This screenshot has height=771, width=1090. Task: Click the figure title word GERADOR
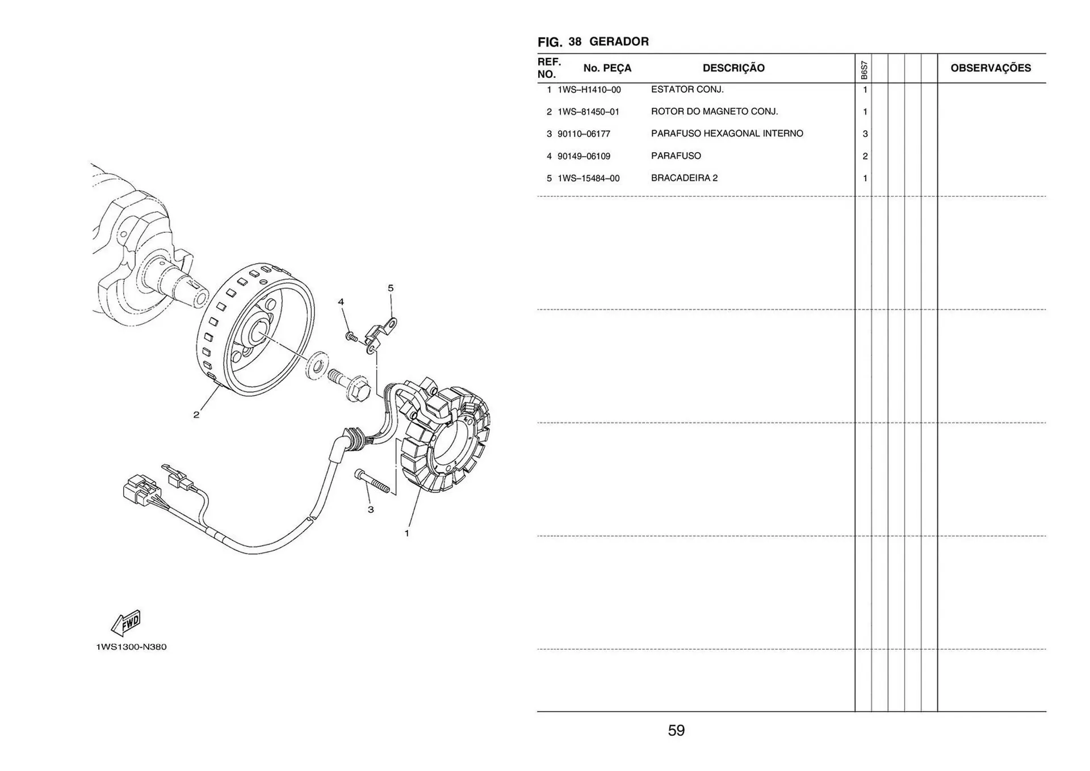tap(619, 41)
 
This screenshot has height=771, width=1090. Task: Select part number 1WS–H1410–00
tap(589, 90)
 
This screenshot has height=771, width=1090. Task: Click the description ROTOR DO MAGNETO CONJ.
tap(714, 111)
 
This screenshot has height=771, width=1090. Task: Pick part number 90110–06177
tap(584, 134)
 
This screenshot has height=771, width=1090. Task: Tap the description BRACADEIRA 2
tap(684, 178)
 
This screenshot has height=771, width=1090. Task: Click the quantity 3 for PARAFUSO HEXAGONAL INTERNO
tap(865, 134)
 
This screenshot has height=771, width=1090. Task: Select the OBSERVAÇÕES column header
tap(991, 68)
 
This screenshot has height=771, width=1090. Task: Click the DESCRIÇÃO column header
tap(733, 68)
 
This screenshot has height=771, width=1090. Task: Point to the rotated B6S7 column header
tap(864, 70)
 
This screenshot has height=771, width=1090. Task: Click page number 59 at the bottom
tap(676, 730)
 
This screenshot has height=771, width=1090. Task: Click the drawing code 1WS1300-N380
tap(131, 647)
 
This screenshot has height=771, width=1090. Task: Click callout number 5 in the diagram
tap(391, 288)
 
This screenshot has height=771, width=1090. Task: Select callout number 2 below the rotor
tap(196, 415)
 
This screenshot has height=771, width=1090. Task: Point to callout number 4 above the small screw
tap(341, 301)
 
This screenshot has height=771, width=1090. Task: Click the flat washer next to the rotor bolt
tap(317, 365)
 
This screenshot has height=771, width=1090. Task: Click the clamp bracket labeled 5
tap(379, 334)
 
